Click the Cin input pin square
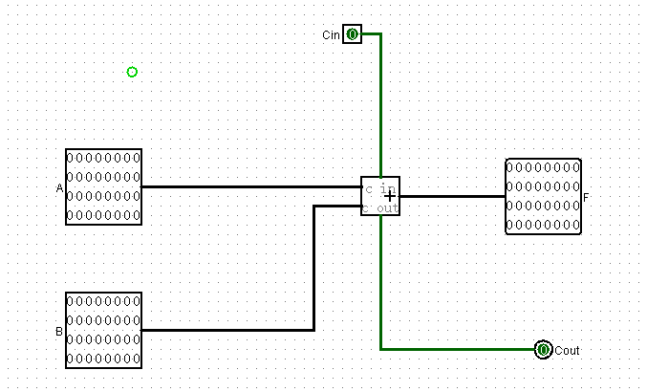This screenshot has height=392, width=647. pyautogui.click(x=353, y=34)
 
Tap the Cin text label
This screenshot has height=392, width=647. pyautogui.click(x=331, y=35)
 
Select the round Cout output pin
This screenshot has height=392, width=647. pyautogui.click(x=543, y=350)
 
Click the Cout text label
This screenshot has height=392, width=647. pyautogui.click(x=567, y=351)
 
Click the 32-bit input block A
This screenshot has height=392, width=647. pyautogui.click(x=103, y=187)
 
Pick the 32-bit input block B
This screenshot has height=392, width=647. pyautogui.click(x=103, y=330)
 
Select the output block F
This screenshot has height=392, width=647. pyautogui.click(x=544, y=196)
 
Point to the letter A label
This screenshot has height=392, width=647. pyautogui.click(x=59, y=188)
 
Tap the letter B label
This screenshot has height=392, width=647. pyautogui.click(x=59, y=332)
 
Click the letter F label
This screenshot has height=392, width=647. pyautogui.click(x=586, y=198)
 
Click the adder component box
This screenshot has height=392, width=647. pyautogui.click(x=380, y=196)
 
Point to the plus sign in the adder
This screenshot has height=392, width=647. pyautogui.click(x=389, y=197)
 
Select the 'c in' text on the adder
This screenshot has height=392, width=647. pyautogui.click(x=380, y=189)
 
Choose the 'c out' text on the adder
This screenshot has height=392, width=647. pyautogui.click(x=380, y=208)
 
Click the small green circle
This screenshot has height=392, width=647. pyautogui.click(x=132, y=73)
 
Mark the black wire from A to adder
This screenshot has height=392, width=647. pyautogui.click(x=251, y=187)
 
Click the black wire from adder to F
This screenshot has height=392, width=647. pyautogui.click(x=453, y=196)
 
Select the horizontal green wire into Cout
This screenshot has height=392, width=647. pyautogui.click(x=457, y=350)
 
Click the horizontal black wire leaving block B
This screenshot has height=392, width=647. pyautogui.click(x=227, y=330)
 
